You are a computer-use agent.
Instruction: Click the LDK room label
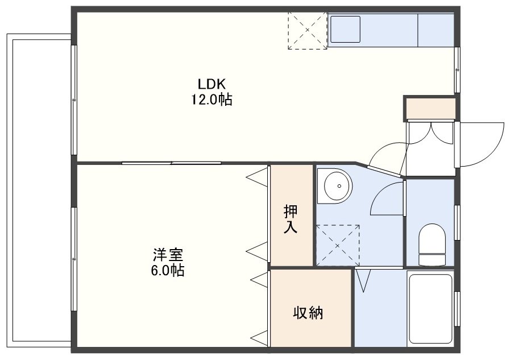pyautogui.click(x=212, y=84)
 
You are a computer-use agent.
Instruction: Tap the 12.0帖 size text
pyautogui.click(x=212, y=99)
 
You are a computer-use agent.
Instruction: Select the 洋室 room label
pyautogui.click(x=168, y=255)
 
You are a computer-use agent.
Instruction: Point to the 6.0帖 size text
pyautogui.click(x=168, y=270)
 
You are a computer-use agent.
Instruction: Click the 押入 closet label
pyautogui.click(x=290, y=219)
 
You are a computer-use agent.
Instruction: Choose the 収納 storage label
pyautogui.click(x=308, y=313)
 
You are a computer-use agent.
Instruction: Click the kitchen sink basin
pyautogui.click(x=346, y=29)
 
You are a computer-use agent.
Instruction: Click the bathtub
pyautogui.click(x=430, y=309)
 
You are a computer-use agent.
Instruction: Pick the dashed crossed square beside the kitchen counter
pyautogui.click(x=308, y=31)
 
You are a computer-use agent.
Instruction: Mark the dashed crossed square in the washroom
pyautogui.click(x=338, y=245)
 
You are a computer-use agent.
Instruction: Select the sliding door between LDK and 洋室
pyautogui.click(x=172, y=163)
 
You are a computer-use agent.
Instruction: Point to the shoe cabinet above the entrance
pyautogui.click(x=430, y=108)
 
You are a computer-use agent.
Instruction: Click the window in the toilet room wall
pyautogui.click(x=457, y=223)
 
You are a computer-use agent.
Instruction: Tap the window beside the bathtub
pyautogui.click(x=457, y=309)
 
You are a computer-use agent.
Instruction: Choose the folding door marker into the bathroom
pyautogui.click(x=363, y=280)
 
